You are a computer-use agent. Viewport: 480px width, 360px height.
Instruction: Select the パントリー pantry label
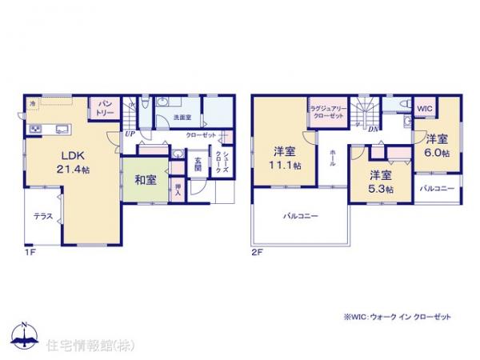pos(104,109)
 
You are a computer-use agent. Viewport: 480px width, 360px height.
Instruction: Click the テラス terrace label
pos(43,215)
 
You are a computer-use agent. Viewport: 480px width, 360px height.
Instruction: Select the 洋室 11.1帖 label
pos(285,158)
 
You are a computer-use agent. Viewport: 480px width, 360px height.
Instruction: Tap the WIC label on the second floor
pos(423,107)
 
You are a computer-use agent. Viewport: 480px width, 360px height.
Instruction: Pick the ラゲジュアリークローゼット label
pos(326,112)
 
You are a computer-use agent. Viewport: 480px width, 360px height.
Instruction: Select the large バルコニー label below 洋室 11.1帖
pos(300,216)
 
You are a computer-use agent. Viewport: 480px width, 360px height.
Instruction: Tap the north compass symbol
pos(25,334)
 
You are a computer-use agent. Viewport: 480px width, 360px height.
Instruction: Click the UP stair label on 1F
pos(130,134)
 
